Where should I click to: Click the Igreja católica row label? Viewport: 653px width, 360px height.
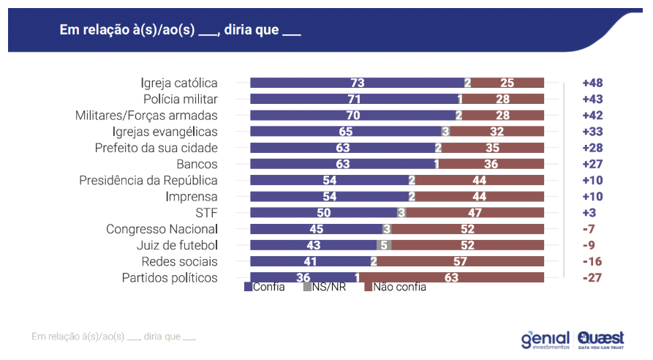(179, 83)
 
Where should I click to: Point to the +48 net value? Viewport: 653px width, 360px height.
(592, 83)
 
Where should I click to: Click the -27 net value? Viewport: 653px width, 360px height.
(592, 278)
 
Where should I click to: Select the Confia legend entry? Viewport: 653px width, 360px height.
(265, 287)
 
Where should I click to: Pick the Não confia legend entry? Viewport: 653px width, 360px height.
(395, 287)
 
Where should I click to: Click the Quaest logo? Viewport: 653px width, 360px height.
(600, 340)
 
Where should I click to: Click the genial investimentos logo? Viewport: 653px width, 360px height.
(545, 340)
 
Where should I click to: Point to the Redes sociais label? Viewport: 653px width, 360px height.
(179, 261)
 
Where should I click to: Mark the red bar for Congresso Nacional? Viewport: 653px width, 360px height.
(467, 229)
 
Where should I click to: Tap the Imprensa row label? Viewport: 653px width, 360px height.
(192, 197)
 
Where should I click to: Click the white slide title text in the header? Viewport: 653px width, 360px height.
(180, 31)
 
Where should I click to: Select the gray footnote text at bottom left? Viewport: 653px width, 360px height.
(114, 337)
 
